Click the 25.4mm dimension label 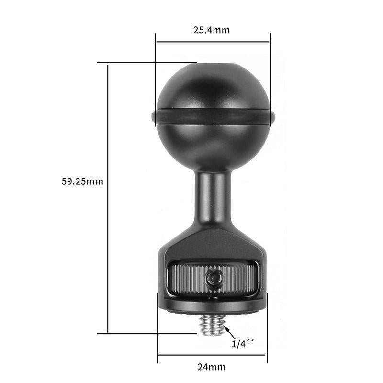click(211, 30)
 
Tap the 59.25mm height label click(82, 182)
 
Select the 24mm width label click(211, 367)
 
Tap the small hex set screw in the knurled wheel click(214, 277)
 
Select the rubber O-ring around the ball click(213, 116)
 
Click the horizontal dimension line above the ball click(213, 42)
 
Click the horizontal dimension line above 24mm click(212, 355)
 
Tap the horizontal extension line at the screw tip click(148, 334)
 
